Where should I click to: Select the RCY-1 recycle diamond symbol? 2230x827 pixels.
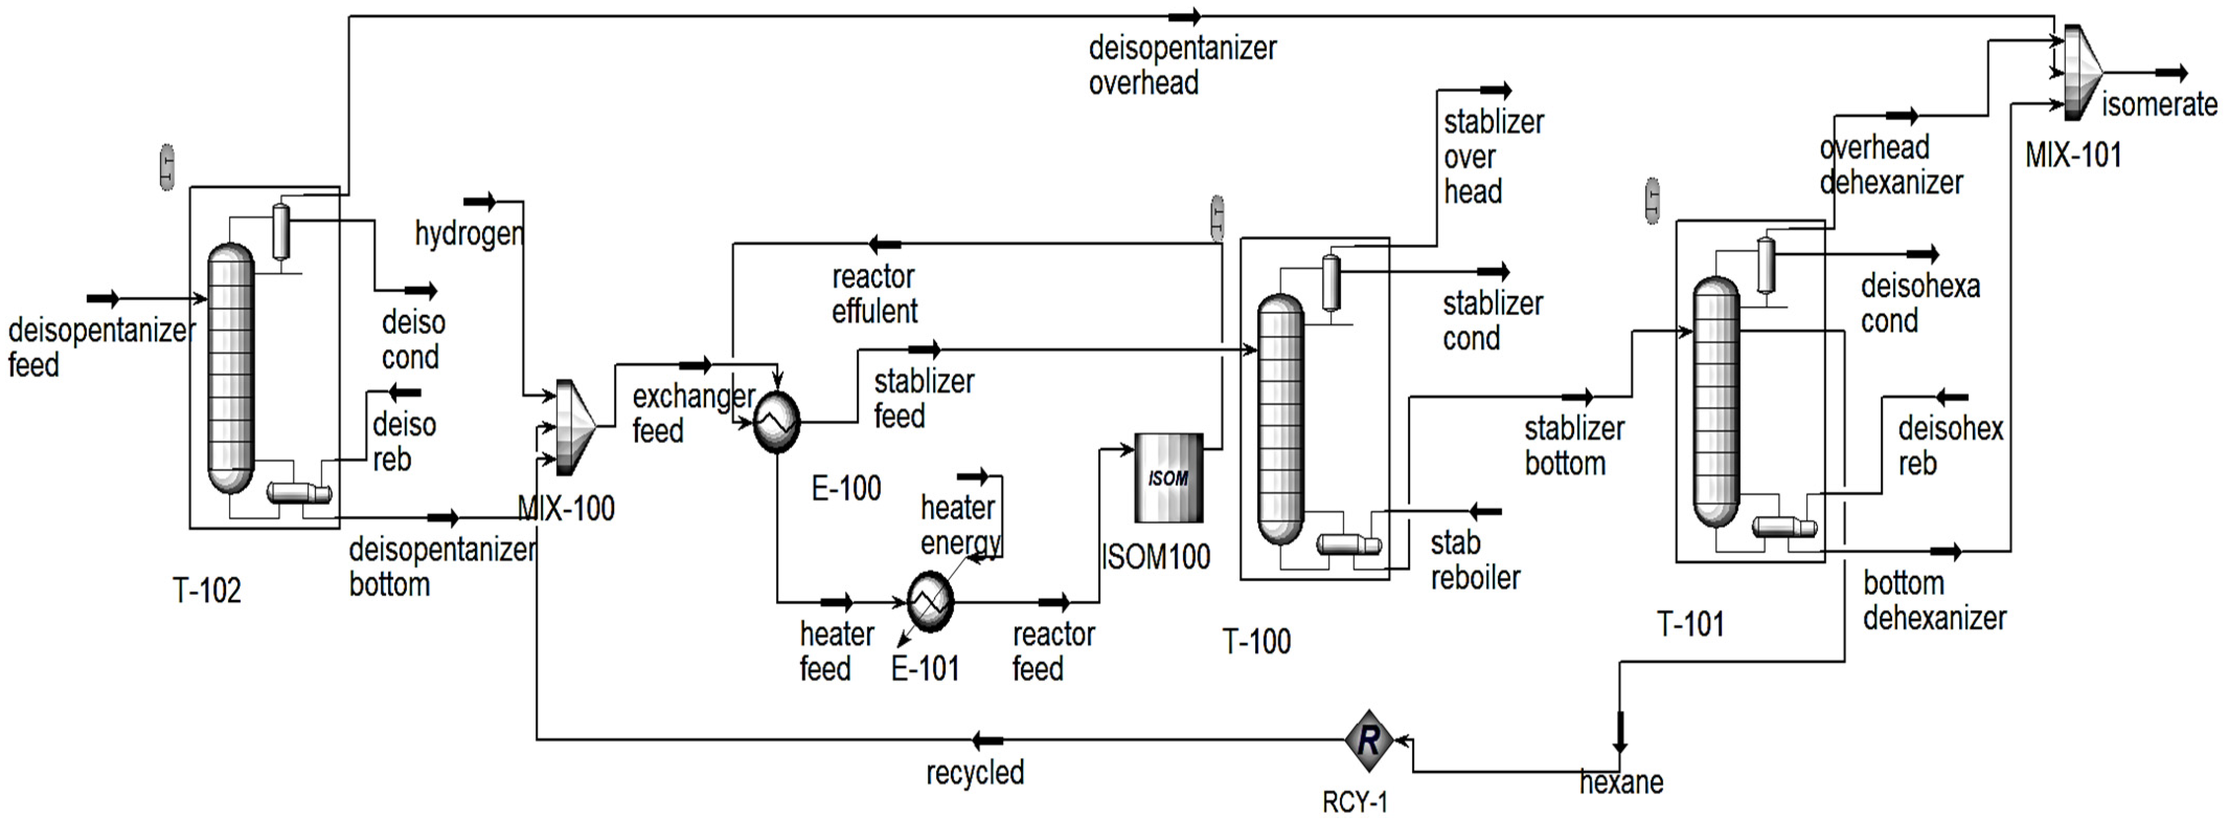1369,740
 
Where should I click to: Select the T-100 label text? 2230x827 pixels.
1256,642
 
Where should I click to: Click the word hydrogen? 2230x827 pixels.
469,234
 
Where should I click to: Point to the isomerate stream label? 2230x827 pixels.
2159,105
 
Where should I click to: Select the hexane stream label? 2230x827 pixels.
1621,783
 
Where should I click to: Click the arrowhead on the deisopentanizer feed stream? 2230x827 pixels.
104,299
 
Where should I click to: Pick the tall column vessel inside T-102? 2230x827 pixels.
231,368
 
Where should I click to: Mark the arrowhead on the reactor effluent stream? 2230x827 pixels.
885,244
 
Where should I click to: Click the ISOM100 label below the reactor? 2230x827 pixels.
1156,557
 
